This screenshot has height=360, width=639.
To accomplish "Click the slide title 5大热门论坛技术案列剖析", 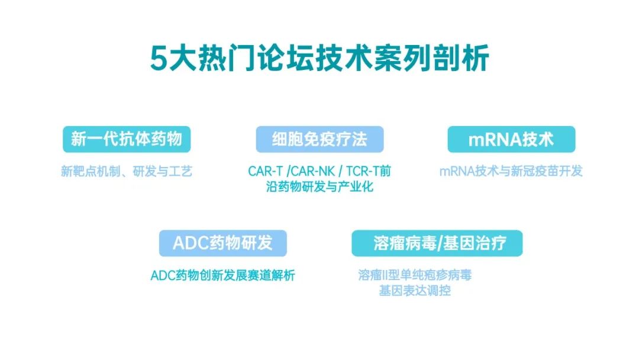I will (319, 59).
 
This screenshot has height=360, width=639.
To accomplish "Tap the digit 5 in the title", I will (157, 59).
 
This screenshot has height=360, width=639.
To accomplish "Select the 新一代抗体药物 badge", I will (127, 140).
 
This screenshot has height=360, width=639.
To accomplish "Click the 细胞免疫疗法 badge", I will (319, 140).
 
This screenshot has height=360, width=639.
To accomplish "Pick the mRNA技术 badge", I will (511, 140).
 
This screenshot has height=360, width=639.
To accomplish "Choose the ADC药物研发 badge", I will (222, 243).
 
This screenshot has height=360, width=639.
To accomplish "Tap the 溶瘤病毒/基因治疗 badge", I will (437, 243).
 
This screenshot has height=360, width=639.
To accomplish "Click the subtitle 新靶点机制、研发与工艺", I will (127, 172).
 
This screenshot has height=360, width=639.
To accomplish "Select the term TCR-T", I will (363, 172).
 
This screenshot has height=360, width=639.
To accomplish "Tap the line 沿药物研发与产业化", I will (319, 187).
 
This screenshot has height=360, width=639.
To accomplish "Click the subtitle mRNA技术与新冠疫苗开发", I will (511, 172).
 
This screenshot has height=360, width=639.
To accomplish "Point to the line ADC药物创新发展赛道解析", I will (222, 276).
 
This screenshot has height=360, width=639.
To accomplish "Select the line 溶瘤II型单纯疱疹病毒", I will (415, 276).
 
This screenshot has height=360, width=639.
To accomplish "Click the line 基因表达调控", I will (415, 291).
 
